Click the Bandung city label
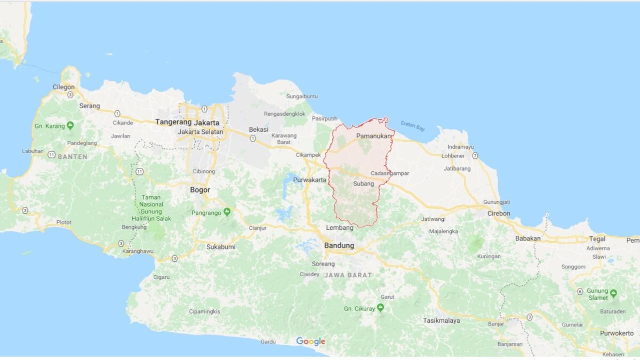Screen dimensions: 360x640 pyautogui.click(x=339, y=245)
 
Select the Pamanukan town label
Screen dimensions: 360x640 pyautogui.click(x=373, y=137)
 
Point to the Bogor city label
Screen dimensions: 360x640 pyautogui.click(x=200, y=190)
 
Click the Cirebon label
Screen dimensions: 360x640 pyautogui.click(x=499, y=213)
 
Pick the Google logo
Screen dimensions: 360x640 pyautogui.click(x=310, y=341)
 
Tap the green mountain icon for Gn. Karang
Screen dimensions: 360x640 pyautogui.click(x=70, y=126)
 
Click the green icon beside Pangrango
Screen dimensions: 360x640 pyautogui.click(x=227, y=212)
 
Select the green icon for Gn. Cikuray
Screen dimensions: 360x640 pyautogui.click(x=380, y=308)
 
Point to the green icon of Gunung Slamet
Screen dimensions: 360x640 pyautogui.click(x=613, y=293)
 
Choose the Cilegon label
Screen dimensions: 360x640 pyautogui.click(x=63, y=87)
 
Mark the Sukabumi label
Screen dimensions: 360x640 pyautogui.click(x=221, y=247)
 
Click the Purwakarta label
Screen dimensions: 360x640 pyautogui.click(x=309, y=180)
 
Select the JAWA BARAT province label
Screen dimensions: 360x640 pyautogui.click(x=348, y=275)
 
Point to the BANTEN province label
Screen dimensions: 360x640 pyautogui.click(x=73, y=156)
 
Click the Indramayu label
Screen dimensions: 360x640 pyautogui.click(x=461, y=147)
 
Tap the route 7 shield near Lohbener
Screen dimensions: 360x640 pyautogui.click(x=475, y=156)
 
